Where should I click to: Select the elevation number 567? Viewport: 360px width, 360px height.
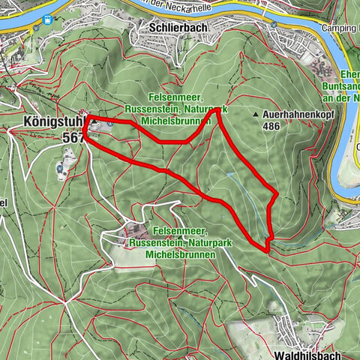(74, 138)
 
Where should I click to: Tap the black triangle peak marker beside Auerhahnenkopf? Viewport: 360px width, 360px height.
(257, 115)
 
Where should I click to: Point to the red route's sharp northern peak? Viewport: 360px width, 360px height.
(218, 110)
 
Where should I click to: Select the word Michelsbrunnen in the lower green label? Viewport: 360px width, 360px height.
(182, 255)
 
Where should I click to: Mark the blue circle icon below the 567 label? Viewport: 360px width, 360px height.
(59, 169)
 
